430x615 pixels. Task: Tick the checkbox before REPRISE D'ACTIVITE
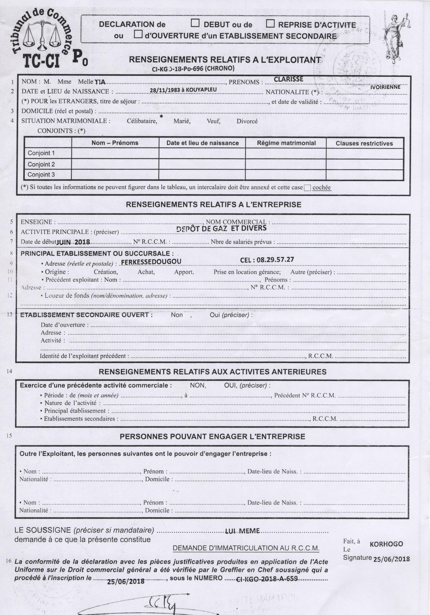(x=270, y=24)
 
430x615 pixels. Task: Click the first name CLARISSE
(x=288, y=79)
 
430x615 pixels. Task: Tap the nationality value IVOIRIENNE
(x=385, y=87)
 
